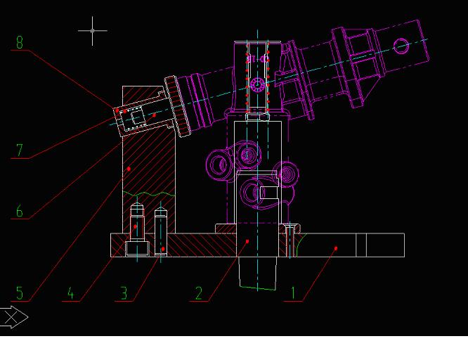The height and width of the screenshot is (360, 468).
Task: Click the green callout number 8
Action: coord(20,42)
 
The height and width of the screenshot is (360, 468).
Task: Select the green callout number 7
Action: coord(20,150)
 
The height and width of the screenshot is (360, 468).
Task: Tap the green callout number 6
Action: coord(20,211)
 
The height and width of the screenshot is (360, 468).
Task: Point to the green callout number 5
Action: coord(20,292)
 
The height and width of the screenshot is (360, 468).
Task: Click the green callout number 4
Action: coord(70,293)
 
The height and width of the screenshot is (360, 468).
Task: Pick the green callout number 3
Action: coord(124,293)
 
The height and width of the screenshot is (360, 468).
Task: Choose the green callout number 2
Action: coord(199,293)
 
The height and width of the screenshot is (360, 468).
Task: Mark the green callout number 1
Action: coord(293,293)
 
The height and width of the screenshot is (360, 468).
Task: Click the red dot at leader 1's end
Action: coord(336,248)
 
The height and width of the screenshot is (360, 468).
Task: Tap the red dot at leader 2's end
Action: coord(247,241)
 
